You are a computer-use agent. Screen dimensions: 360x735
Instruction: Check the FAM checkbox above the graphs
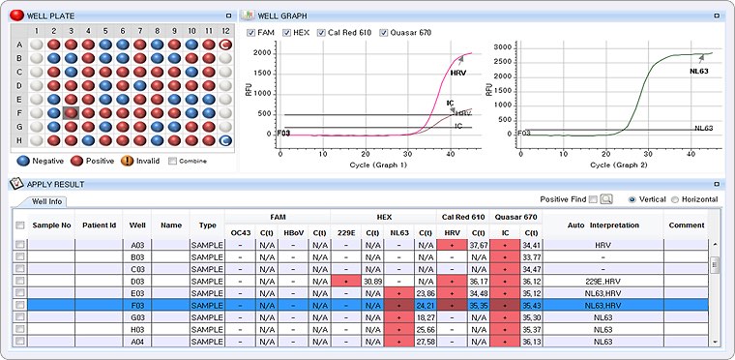pyautogui.click(x=251, y=34)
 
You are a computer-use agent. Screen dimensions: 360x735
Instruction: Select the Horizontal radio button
pyautogui.click(x=674, y=199)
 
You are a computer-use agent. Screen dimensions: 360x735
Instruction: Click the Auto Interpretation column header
pyautogui.click(x=603, y=225)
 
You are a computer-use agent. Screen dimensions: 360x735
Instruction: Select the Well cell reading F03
pyautogui.click(x=137, y=305)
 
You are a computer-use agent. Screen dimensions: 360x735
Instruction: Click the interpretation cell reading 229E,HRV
pyautogui.click(x=603, y=281)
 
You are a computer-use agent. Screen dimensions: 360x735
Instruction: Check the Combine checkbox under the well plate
pyautogui.click(x=173, y=161)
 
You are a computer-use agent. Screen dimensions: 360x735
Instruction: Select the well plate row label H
pyautogui.click(x=19, y=140)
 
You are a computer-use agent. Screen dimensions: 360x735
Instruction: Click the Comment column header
pyautogui.click(x=686, y=225)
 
